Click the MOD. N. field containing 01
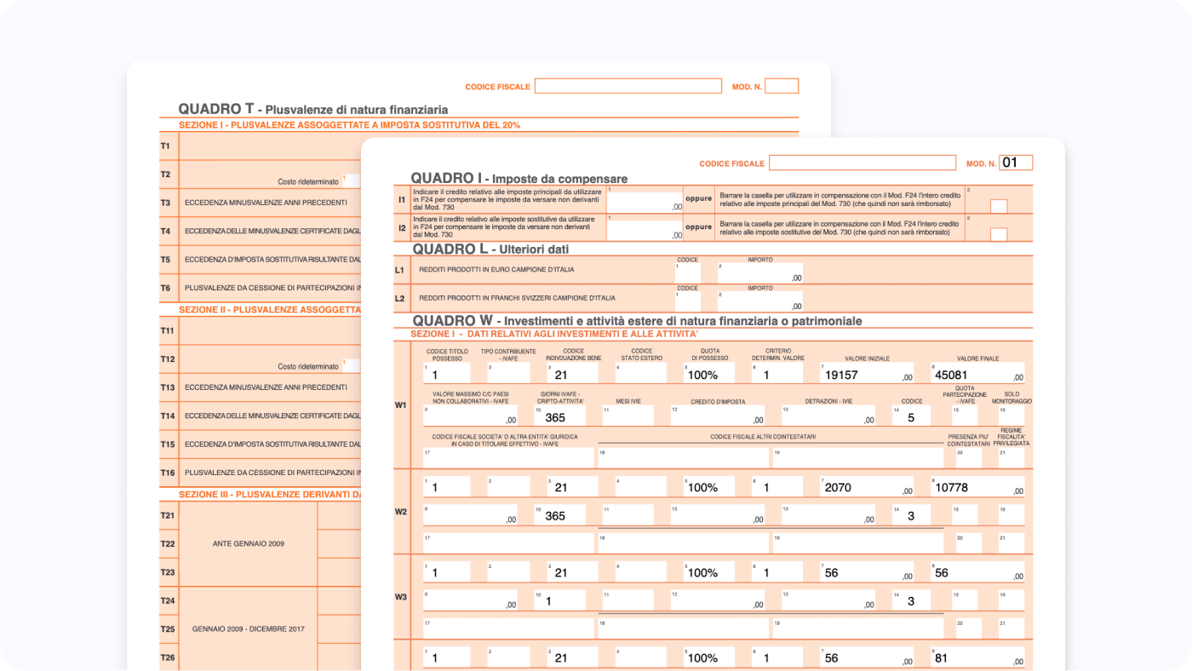[x=1016, y=163]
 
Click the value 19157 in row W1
[x=841, y=375]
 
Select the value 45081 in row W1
[x=950, y=375]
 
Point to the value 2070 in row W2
[x=838, y=488]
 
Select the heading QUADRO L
[x=450, y=249]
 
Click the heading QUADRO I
[x=446, y=178]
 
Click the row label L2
[x=399, y=299]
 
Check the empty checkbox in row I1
[x=999, y=206]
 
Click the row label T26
[x=167, y=657]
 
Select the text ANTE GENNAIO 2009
[x=249, y=543]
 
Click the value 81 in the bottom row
[x=942, y=658]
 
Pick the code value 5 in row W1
[x=911, y=418]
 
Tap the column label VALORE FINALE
[x=977, y=358]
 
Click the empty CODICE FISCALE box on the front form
[x=862, y=163]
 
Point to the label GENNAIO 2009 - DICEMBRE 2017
[x=249, y=629]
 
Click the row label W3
[x=400, y=597]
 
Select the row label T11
[x=167, y=330]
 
